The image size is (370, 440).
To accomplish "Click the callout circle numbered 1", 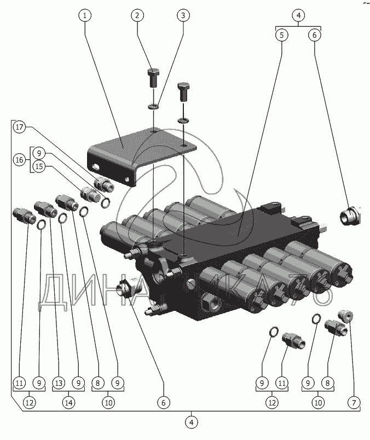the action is [85, 15].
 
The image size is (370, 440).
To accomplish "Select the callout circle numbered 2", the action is [137, 15].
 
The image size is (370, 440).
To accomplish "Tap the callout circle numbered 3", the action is [183, 15].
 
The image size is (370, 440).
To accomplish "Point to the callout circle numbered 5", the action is [282, 35].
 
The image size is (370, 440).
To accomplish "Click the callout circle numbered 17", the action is [19, 127].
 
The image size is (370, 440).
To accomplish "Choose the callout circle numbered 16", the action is [19, 160].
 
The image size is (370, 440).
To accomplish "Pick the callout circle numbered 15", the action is [39, 166].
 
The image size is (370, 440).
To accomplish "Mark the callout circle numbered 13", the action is [59, 383].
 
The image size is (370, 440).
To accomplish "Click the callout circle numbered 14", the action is [68, 403].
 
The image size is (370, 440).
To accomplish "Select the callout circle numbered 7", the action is [354, 403].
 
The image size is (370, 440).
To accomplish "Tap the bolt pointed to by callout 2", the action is [153, 78].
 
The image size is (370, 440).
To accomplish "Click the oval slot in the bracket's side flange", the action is [95, 167].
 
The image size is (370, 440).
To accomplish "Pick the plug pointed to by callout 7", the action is [345, 316].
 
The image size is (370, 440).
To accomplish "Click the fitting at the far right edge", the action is [350, 216].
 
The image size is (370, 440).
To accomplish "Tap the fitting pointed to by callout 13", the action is [44, 209].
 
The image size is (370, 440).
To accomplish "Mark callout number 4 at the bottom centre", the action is [192, 422].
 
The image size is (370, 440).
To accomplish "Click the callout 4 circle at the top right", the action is [298, 15].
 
